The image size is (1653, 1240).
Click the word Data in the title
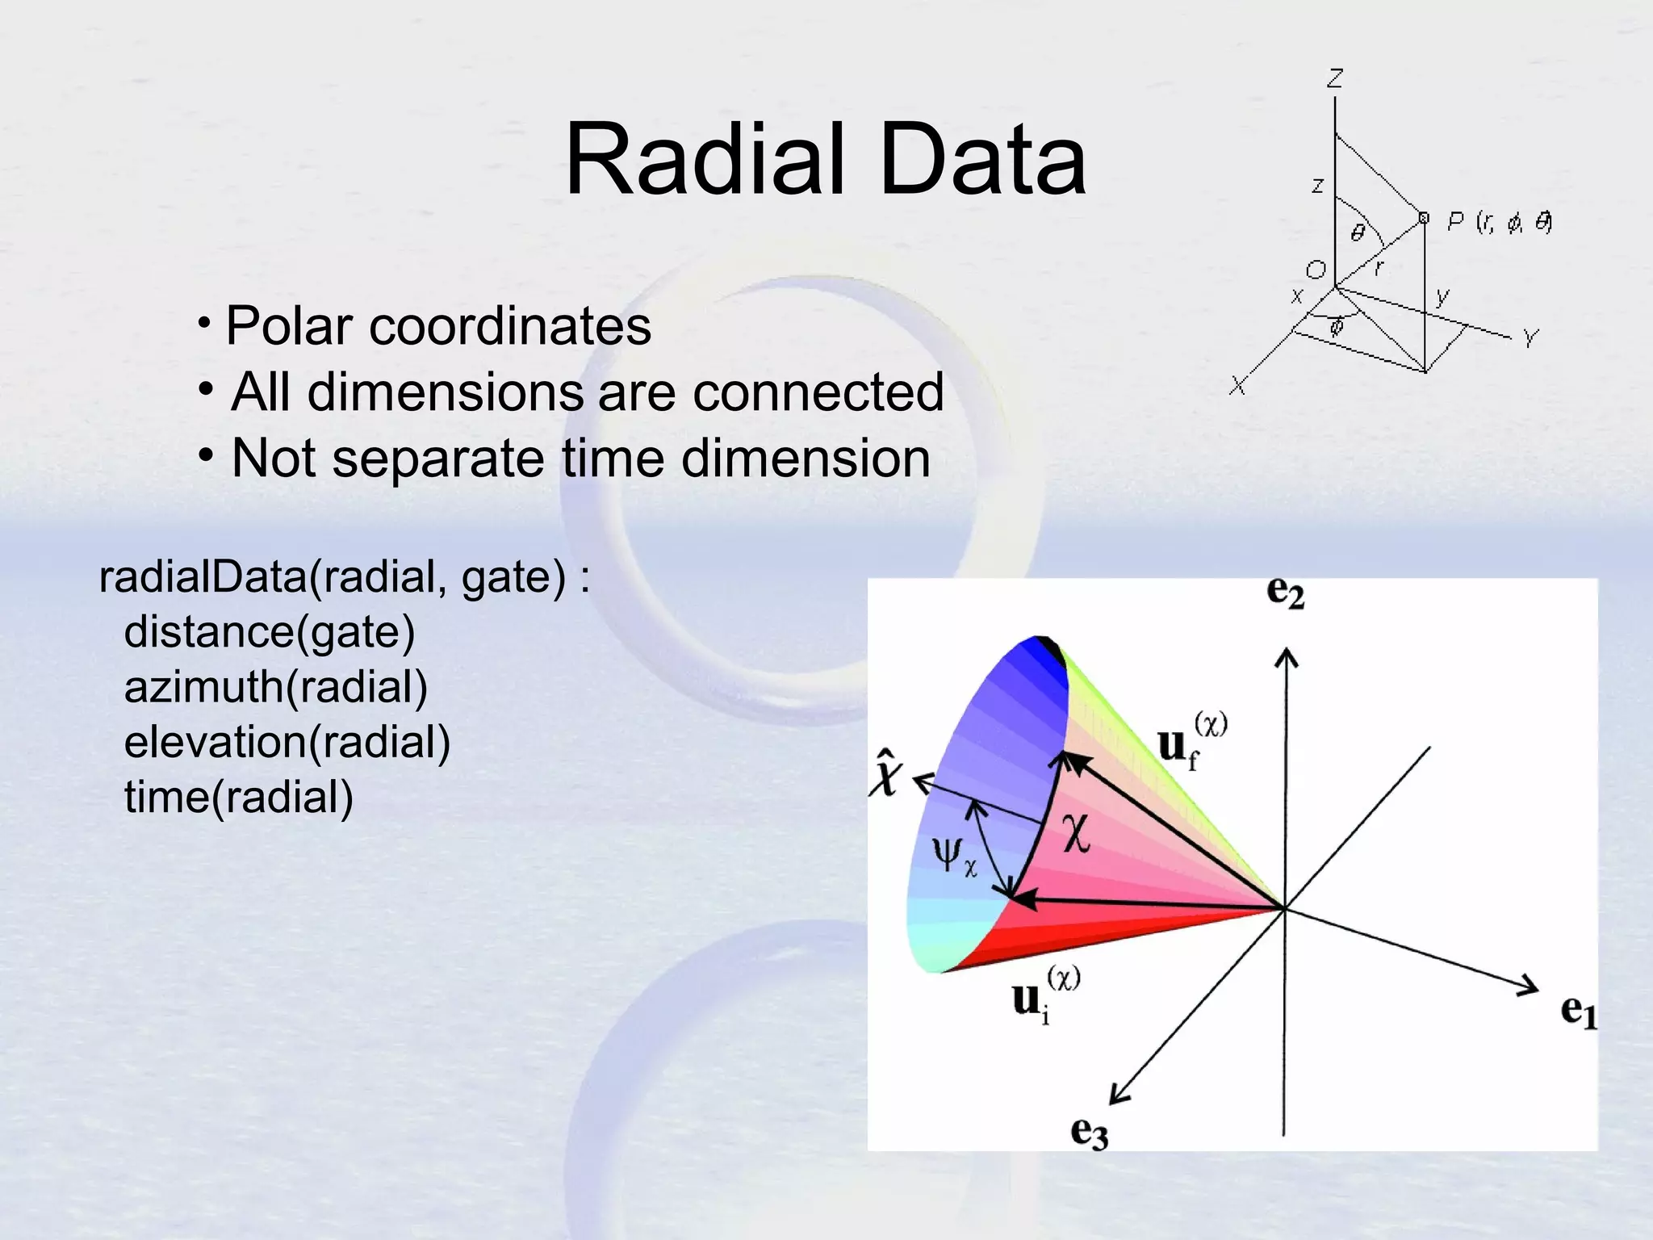point(982,159)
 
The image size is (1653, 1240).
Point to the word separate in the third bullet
point(439,459)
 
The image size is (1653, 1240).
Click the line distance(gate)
point(269,632)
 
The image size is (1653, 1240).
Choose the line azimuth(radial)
point(275,688)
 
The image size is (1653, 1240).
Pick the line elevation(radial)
point(287,743)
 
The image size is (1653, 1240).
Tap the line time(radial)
point(238,798)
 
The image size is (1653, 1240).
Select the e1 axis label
point(1578,1011)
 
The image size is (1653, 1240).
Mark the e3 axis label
point(1088,1132)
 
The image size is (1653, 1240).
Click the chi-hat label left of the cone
point(885,773)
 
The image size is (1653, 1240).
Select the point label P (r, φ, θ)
point(1498,222)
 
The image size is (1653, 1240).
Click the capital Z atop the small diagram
point(1335,78)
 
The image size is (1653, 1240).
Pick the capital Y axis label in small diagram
point(1530,337)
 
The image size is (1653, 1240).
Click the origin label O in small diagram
point(1316,270)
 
